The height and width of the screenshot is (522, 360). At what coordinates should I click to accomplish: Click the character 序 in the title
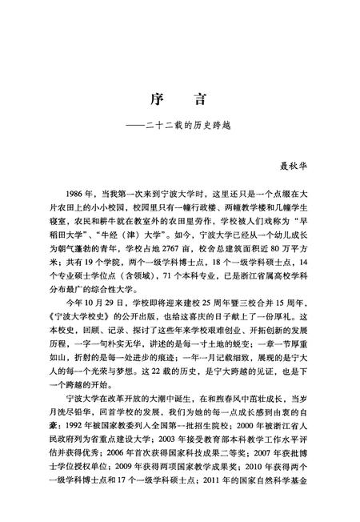[157, 100]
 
